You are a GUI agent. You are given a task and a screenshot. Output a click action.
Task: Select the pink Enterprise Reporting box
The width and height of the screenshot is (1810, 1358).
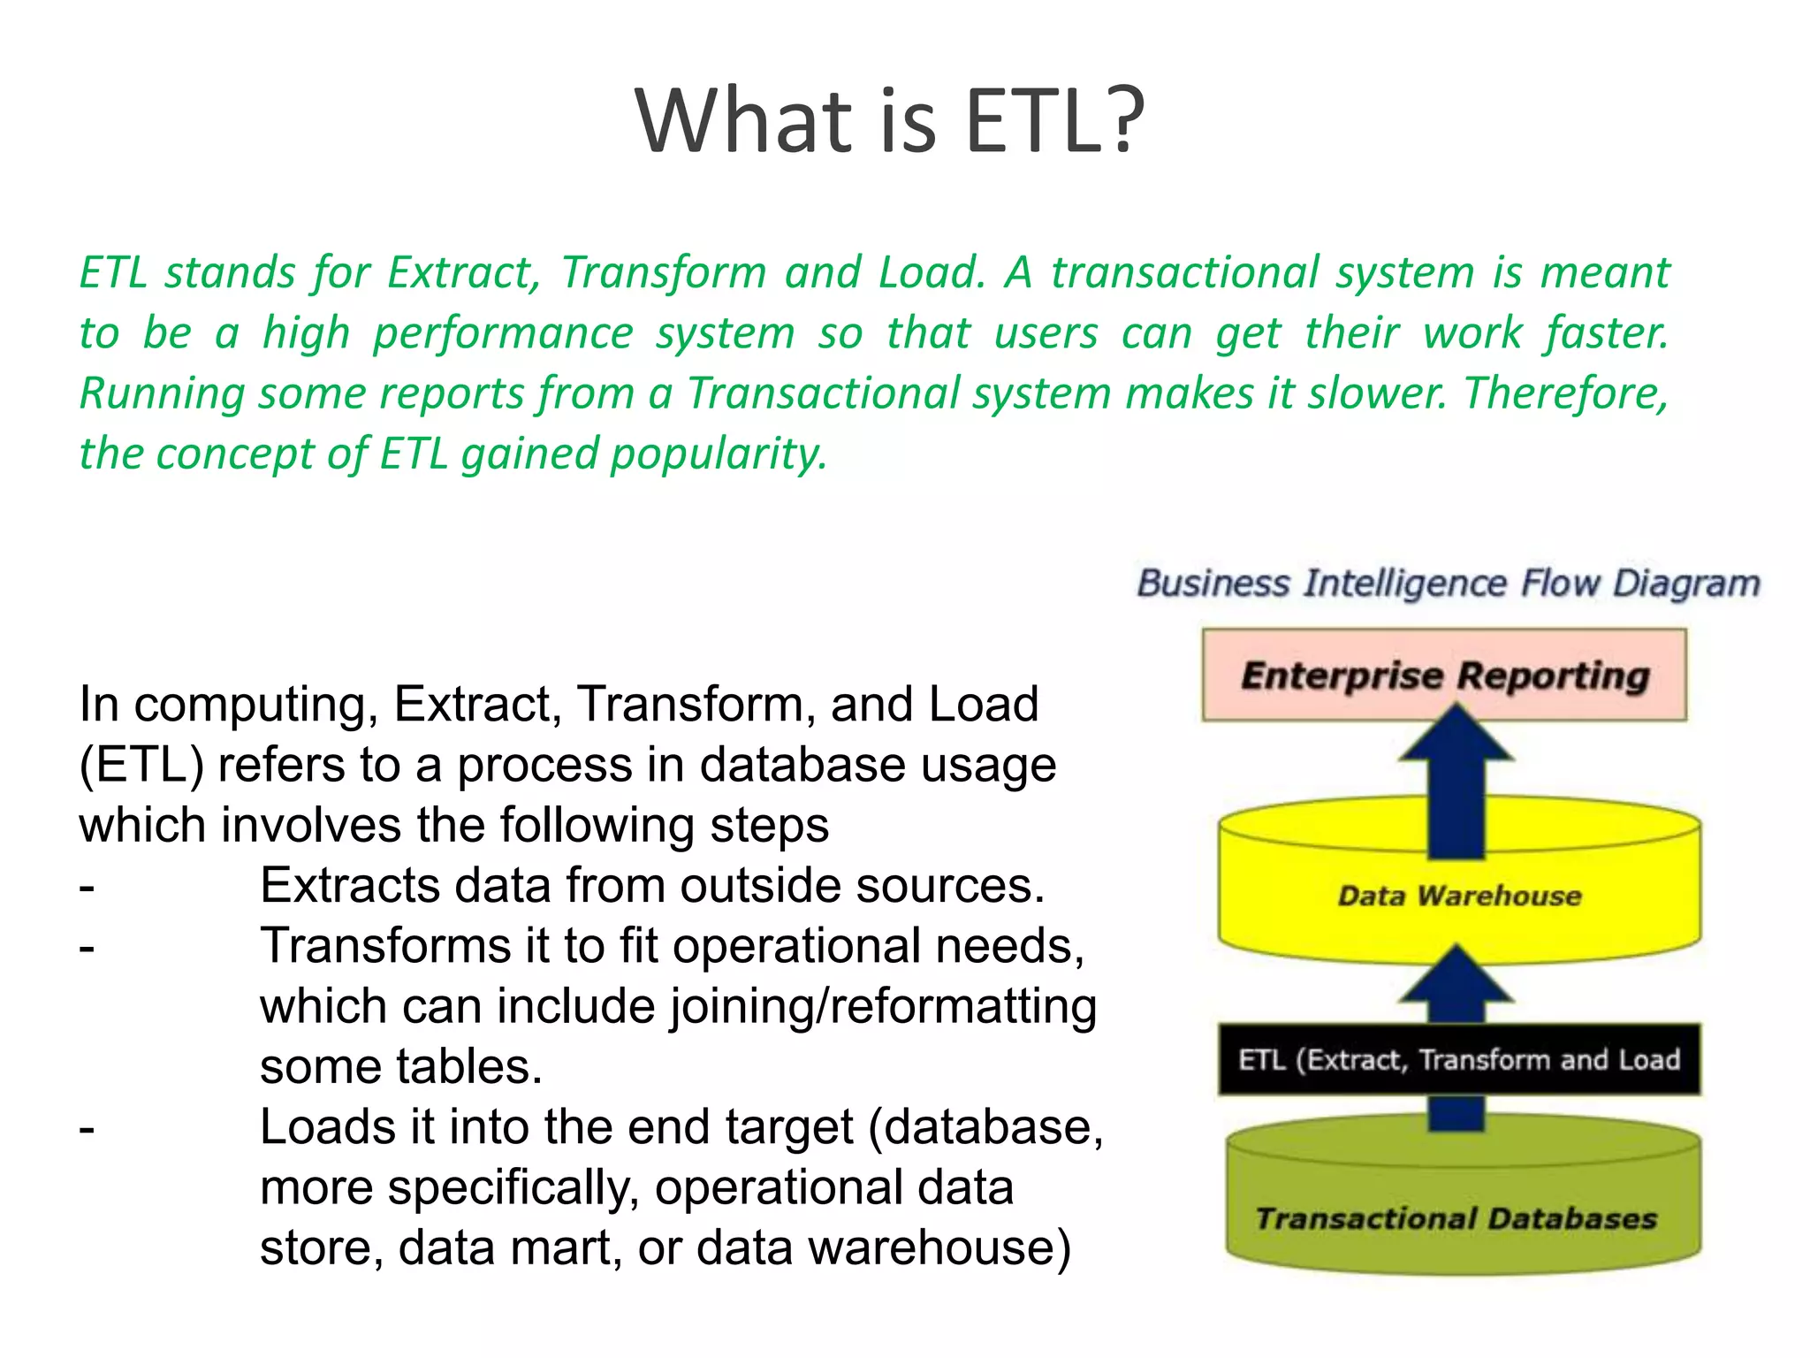1444,675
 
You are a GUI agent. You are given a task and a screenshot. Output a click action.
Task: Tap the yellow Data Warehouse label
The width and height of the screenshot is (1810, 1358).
1459,896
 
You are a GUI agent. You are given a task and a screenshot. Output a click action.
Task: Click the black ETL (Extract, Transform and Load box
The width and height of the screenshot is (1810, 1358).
1459,1059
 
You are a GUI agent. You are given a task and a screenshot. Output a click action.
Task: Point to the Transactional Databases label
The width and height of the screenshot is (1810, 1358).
1456,1218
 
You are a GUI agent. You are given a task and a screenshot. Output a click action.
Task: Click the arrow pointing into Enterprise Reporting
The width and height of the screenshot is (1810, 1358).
1456,778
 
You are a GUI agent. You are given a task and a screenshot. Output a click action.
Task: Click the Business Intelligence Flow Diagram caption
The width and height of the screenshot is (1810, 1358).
1448,584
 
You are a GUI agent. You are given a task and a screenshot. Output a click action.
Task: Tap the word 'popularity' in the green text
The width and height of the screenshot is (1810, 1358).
719,454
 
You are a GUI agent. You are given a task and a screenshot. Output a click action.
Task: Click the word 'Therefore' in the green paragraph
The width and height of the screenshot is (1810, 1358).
1565,393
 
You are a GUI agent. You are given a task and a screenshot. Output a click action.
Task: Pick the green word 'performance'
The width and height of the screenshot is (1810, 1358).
503,333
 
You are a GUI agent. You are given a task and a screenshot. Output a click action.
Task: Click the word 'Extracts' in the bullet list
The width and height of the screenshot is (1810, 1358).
349,885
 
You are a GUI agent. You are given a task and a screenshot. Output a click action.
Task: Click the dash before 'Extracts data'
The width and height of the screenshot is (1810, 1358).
87,886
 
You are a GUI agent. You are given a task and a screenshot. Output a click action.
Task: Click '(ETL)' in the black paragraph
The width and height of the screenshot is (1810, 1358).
141,765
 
